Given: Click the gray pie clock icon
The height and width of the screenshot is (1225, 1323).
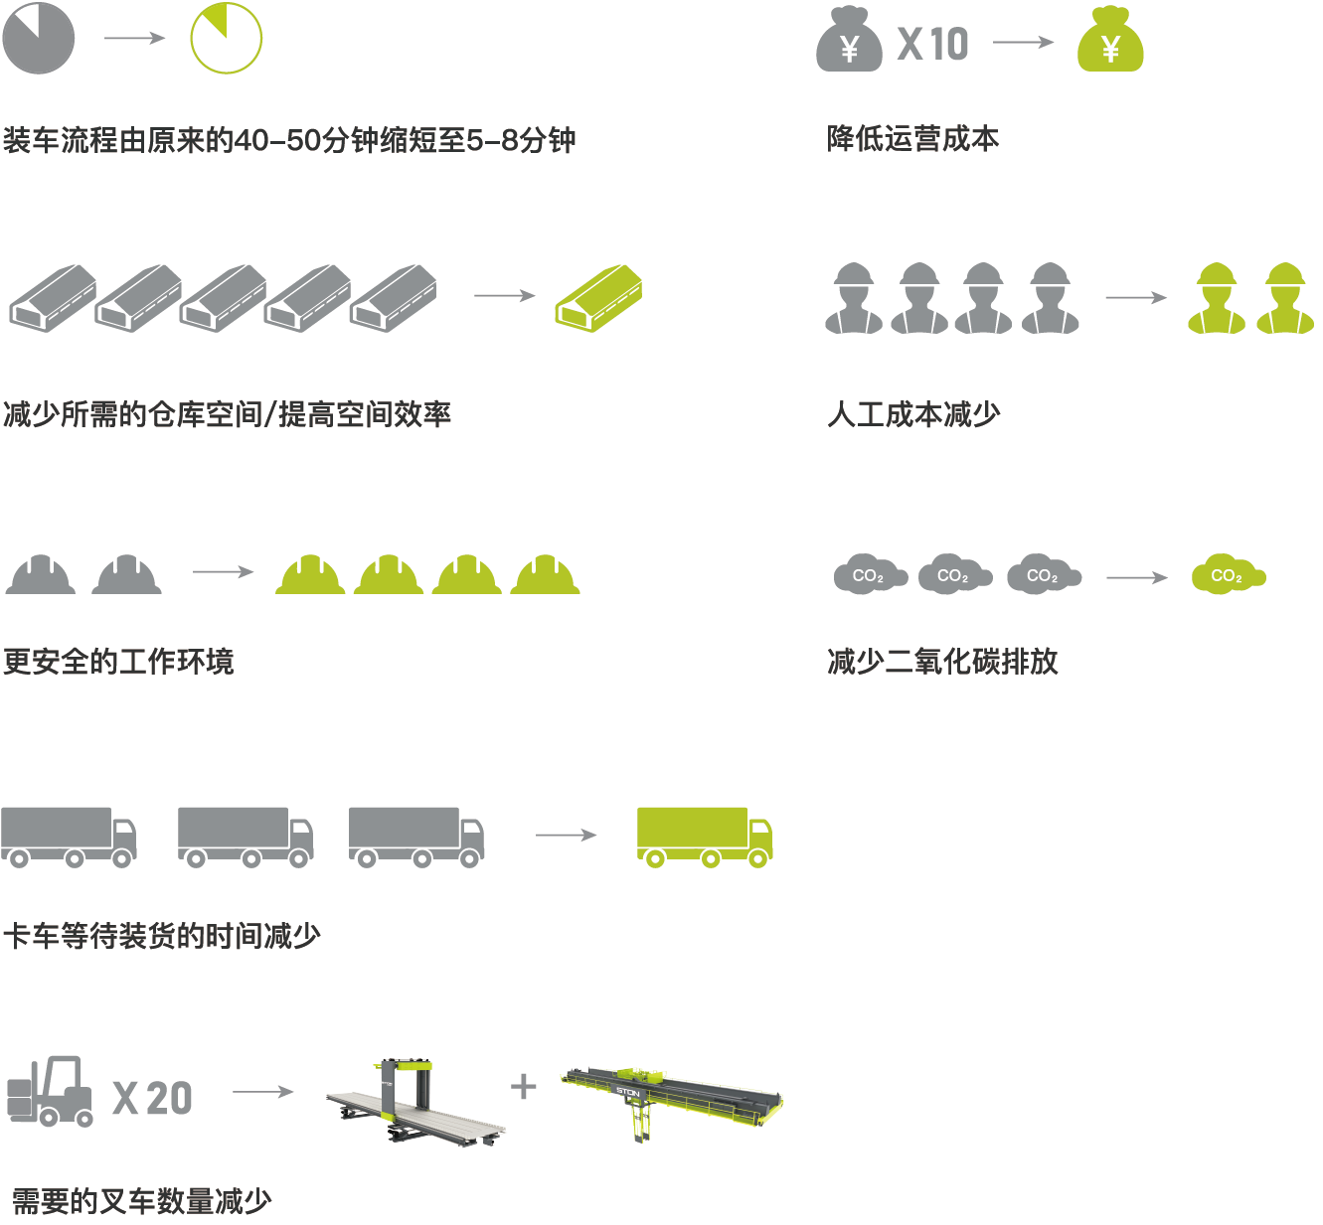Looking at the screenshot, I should tap(39, 38).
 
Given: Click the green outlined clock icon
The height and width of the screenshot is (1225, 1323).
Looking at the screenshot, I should tap(226, 39).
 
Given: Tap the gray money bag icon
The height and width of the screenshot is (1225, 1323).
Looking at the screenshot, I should tap(849, 41).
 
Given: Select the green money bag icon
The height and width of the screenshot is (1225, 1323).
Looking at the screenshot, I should tap(1110, 41).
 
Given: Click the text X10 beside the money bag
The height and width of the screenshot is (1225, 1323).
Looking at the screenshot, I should tap(932, 44).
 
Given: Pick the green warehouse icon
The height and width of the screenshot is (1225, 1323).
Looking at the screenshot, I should tap(598, 297).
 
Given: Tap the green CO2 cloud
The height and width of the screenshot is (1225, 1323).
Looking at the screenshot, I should tap(1228, 575).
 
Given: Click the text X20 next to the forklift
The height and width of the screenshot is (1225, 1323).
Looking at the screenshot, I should tap(152, 1098).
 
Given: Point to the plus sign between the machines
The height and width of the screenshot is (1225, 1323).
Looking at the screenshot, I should tap(523, 1086).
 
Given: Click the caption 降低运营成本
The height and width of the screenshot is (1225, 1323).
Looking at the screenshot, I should tap(912, 139).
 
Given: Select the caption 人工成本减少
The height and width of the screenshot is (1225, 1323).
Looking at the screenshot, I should tap(913, 413).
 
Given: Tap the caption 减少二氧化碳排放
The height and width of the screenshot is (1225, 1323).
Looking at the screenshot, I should tap(942, 661).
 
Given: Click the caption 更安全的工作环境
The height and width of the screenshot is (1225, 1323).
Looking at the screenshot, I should tap(118, 661).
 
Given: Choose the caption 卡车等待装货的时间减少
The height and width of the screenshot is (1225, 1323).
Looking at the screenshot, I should tap(162, 935).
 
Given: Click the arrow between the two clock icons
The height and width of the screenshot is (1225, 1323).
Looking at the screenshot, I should tap(134, 38).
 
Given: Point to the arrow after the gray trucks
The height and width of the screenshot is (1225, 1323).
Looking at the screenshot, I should tap(565, 835).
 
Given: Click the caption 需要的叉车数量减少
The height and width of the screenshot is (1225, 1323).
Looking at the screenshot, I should tap(141, 1201).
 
